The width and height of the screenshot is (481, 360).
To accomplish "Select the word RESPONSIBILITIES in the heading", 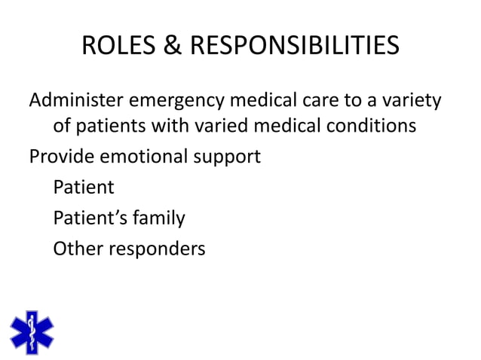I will [x=293, y=47].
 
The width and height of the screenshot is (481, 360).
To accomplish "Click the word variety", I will [x=412, y=101].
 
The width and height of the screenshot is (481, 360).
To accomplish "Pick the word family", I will [x=158, y=218].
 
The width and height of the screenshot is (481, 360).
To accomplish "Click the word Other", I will [x=77, y=248].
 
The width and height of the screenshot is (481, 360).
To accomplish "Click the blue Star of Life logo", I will [x=32, y=332].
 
